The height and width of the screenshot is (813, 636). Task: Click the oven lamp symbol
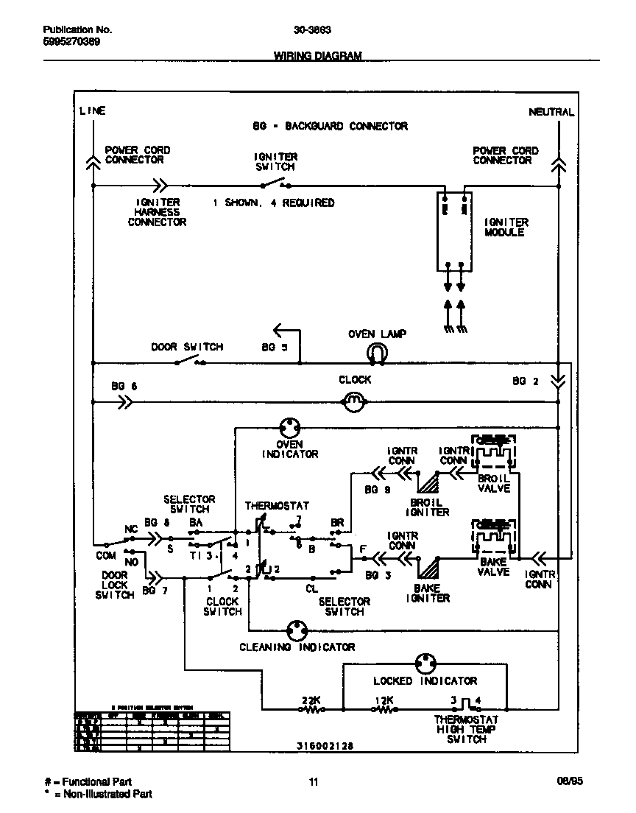coord(376,354)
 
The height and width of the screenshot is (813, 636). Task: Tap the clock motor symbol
coord(355,401)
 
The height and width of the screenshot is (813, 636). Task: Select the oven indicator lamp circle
coord(290,426)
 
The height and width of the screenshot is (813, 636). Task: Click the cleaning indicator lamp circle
coord(297,630)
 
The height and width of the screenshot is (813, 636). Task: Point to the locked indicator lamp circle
coord(425,664)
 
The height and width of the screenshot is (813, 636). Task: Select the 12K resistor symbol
coord(384,710)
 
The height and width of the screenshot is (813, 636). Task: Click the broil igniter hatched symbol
coord(428,482)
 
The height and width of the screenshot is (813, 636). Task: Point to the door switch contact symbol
coord(189,361)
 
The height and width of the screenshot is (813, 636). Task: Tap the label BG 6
coord(124,386)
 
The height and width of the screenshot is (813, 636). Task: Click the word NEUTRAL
coord(551,112)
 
